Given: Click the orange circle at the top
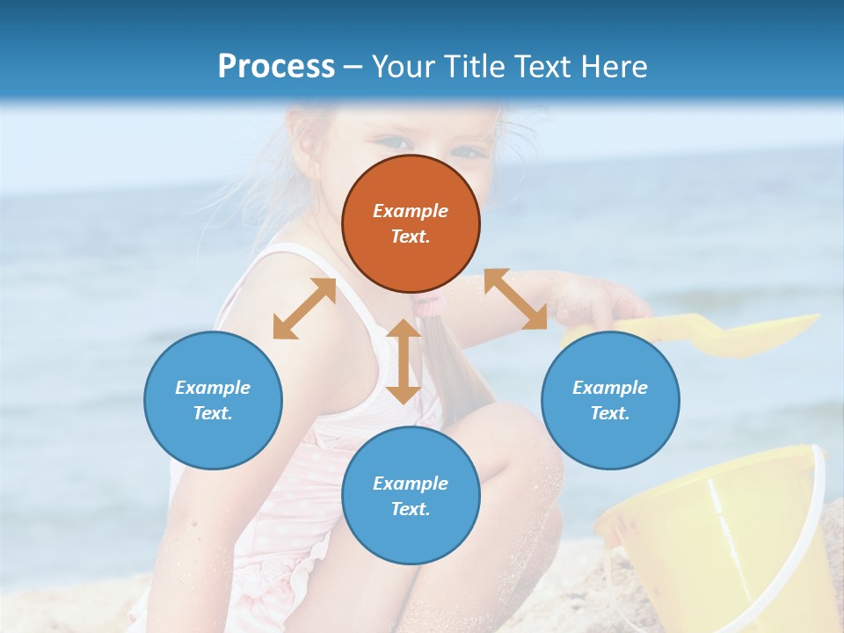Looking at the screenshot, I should pyautogui.click(x=411, y=223).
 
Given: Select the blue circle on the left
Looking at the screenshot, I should pyautogui.click(x=213, y=400).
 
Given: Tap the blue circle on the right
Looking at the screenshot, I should pyautogui.click(x=610, y=400).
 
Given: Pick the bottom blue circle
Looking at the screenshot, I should pyautogui.click(x=411, y=496).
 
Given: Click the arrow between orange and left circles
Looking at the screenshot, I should pyautogui.click(x=304, y=309).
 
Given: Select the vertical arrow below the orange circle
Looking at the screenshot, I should pyautogui.click(x=404, y=361).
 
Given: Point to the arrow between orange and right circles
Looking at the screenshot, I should pyautogui.click(x=515, y=299).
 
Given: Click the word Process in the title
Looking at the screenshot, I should pyautogui.click(x=276, y=67).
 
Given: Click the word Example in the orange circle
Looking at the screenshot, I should pyautogui.click(x=411, y=211).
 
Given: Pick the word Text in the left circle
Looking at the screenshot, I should pyautogui.click(x=213, y=413).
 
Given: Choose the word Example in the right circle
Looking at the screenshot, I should pyautogui.click(x=610, y=388).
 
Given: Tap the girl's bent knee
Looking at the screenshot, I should pyautogui.click(x=510, y=440).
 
